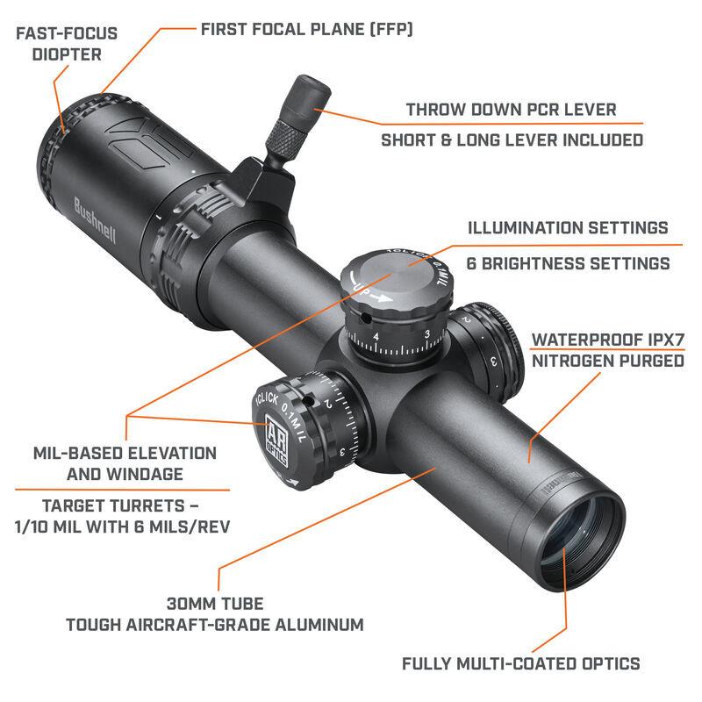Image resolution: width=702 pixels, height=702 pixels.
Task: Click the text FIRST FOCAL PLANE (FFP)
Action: coord(307,29)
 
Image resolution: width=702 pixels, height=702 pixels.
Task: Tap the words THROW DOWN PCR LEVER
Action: coord(511,110)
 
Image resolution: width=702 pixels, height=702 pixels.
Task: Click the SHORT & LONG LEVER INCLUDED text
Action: coord(511,140)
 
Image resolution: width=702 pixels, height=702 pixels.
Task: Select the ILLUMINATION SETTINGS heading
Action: coord(567,228)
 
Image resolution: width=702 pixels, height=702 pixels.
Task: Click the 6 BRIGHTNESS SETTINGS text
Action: coord(567,263)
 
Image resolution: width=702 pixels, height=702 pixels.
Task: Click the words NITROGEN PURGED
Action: coord(607,361)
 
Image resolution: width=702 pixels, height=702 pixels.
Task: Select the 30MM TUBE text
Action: coord(215,604)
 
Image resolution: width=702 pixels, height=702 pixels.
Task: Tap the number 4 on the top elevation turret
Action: coord(376,337)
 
